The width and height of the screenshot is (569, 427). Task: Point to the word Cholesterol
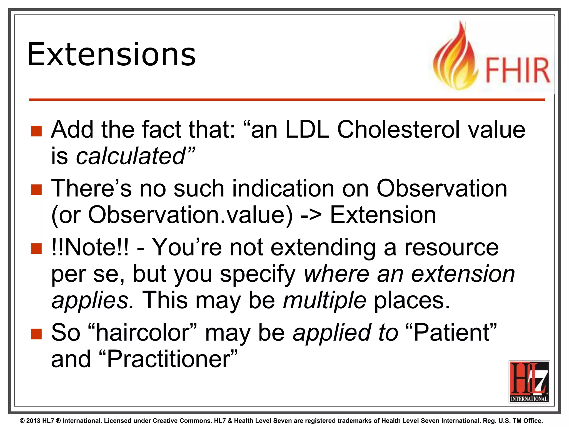pyautogui.click(x=399, y=130)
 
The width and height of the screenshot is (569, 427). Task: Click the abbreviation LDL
pyautogui.click(x=307, y=130)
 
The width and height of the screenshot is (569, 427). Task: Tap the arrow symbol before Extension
pyautogui.click(x=311, y=215)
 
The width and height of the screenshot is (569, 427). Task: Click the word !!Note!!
pyautogui.click(x=90, y=247)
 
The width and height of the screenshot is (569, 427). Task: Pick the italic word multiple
pyautogui.click(x=325, y=301)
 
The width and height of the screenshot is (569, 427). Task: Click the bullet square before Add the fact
pyautogui.click(x=36, y=131)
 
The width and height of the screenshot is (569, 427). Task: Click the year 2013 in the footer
pyautogui.click(x=33, y=421)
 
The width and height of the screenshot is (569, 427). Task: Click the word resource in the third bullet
pyautogui.click(x=451, y=247)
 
